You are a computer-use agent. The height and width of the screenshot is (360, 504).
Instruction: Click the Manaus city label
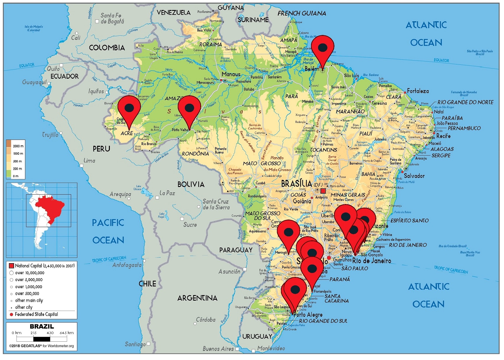231,74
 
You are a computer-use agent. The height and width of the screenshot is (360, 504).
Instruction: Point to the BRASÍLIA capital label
296,184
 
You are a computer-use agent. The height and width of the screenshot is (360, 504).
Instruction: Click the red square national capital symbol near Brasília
323,191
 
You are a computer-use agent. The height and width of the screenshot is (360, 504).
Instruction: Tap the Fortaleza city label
418,91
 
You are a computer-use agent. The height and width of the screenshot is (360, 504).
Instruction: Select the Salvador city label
414,176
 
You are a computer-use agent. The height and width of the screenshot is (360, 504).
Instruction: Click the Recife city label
444,136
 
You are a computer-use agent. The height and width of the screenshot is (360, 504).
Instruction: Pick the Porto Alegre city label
308,315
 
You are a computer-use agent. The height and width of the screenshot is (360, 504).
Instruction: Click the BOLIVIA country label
191,185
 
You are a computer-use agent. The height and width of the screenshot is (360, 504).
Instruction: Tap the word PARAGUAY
236,250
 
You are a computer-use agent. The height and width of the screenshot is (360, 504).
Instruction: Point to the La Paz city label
167,193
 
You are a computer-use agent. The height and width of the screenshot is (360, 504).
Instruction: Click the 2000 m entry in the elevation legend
18,146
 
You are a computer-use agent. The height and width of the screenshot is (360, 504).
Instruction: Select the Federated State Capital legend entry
36,315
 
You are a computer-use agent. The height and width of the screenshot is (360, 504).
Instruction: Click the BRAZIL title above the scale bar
42,327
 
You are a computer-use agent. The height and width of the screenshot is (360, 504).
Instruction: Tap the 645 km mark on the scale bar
67,333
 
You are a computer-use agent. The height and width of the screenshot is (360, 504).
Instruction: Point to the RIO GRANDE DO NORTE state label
465,102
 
